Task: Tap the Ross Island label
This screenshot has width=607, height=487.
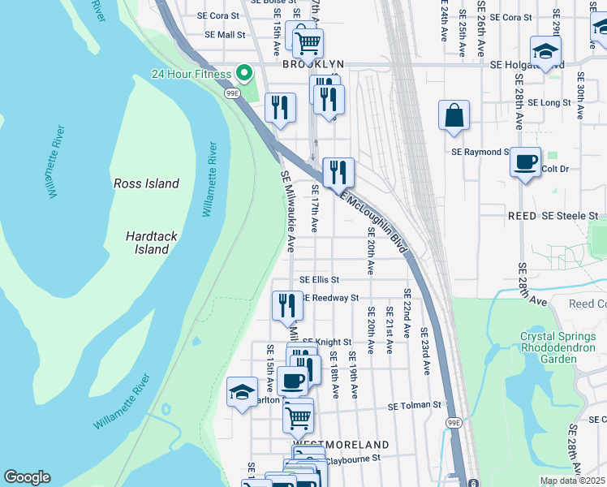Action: tap(146, 183)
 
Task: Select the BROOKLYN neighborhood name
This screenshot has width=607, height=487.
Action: tap(313, 64)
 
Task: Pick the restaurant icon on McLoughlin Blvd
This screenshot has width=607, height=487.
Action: tap(338, 172)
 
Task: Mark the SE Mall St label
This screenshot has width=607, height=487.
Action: tap(224, 35)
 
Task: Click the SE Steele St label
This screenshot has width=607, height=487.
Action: tap(570, 216)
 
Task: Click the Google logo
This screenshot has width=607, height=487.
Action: tap(27, 477)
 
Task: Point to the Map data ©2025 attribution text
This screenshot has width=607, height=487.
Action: tap(571, 481)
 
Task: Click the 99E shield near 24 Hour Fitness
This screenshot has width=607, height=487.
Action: tap(231, 93)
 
